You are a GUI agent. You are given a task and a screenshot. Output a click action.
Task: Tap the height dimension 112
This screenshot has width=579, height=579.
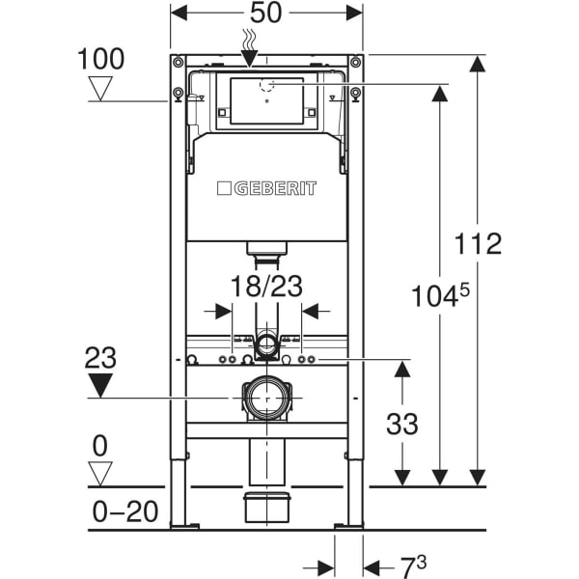480,243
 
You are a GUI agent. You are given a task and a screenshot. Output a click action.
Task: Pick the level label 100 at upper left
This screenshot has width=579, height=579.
100,59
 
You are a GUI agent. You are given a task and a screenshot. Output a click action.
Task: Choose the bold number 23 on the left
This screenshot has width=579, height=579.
100,358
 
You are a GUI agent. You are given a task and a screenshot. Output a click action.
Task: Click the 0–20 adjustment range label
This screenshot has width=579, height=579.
125,510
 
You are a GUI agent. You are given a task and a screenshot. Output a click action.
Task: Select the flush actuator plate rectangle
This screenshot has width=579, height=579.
266,102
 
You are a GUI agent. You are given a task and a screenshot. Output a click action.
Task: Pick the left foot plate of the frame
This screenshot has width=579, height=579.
184,526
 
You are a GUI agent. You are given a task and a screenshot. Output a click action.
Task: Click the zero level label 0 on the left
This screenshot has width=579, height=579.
100,447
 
